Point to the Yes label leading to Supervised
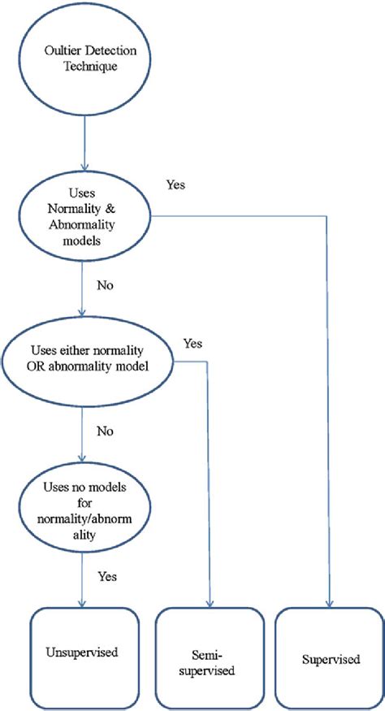tap(175, 184)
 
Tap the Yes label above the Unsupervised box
tap(107, 576)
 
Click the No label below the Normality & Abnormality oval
tap(104, 286)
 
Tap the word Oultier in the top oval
tap(60, 52)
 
